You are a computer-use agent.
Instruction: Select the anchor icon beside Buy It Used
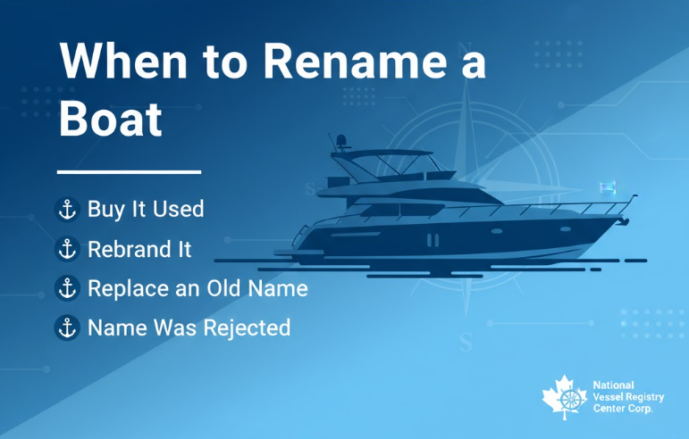tap(66, 210)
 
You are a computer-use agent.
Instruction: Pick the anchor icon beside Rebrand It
tap(66, 249)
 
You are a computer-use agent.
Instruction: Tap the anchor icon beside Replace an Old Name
tap(66, 288)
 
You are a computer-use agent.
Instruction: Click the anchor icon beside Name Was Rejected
tap(66, 327)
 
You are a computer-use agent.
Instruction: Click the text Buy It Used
tap(146, 210)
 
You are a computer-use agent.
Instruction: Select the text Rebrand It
tap(139, 249)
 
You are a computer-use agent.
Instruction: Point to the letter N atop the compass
tap(463, 49)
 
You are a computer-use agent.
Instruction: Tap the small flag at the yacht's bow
tap(609, 186)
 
